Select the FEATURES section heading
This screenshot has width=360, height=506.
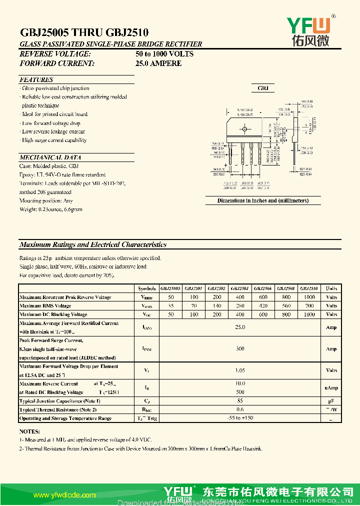36,79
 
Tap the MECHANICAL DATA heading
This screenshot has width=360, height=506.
50,157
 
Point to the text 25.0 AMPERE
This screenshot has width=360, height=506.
158,63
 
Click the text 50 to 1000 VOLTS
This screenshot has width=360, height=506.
164,53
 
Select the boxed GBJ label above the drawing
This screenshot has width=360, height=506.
263,88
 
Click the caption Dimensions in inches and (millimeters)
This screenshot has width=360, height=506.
262,200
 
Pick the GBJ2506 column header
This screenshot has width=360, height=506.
263,288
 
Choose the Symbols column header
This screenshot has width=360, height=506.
147,288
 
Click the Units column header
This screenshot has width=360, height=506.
331,288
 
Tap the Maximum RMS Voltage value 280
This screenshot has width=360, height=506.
240,305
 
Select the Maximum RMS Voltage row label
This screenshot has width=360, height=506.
45,305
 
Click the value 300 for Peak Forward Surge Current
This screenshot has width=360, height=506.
240,349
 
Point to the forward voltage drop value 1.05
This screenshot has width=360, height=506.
240,370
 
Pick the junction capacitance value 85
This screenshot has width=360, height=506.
240,401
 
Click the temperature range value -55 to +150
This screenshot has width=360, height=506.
240,418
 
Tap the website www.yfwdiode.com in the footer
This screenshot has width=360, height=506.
64,495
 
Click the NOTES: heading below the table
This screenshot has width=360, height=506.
29,431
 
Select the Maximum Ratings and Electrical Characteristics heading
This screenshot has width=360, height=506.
93,244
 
